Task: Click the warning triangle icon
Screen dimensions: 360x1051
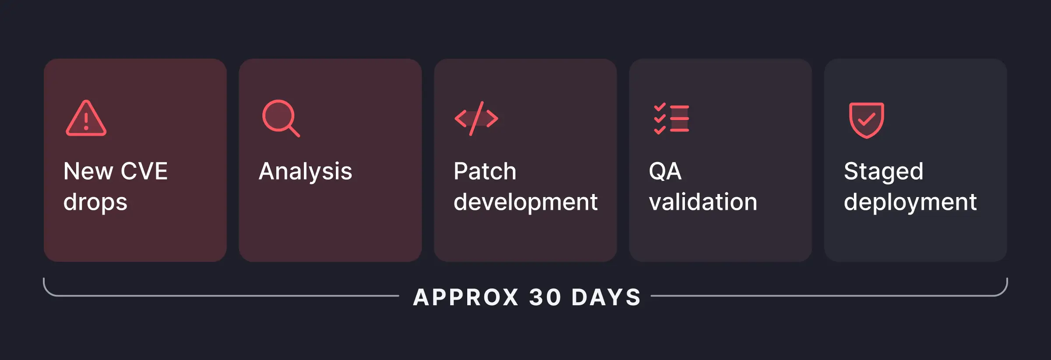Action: pyautogui.click(x=86, y=119)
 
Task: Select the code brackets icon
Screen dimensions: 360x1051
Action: pyautogui.click(x=476, y=118)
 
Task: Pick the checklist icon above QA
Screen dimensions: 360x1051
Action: pyautogui.click(x=671, y=118)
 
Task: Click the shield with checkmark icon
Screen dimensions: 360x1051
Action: pyautogui.click(x=866, y=120)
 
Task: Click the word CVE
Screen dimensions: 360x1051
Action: pyautogui.click(x=144, y=171)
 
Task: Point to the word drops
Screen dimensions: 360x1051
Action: pyautogui.click(x=95, y=202)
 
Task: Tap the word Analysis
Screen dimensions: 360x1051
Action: pyautogui.click(x=305, y=171)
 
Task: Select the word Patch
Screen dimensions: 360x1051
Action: pyautogui.click(x=485, y=171)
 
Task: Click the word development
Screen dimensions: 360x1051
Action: pyautogui.click(x=525, y=202)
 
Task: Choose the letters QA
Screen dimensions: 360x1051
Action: pyautogui.click(x=665, y=171)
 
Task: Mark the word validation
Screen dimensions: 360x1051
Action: pyautogui.click(x=703, y=202)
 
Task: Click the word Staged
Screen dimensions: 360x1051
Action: pyautogui.click(x=883, y=171)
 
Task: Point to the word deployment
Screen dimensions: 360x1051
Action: pyautogui.click(x=910, y=202)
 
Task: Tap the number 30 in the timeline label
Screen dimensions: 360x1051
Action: pyautogui.click(x=545, y=297)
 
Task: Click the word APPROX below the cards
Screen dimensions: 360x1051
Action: pyautogui.click(x=466, y=297)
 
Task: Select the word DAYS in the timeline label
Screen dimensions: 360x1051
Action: pyautogui.click(x=606, y=297)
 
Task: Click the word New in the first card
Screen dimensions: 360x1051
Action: pyautogui.click(x=88, y=171)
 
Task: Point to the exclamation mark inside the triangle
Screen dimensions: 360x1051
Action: pyautogui.click(x=86, y=121)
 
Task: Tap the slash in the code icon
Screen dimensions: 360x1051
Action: pyautogui.click(x=476, y=118)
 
